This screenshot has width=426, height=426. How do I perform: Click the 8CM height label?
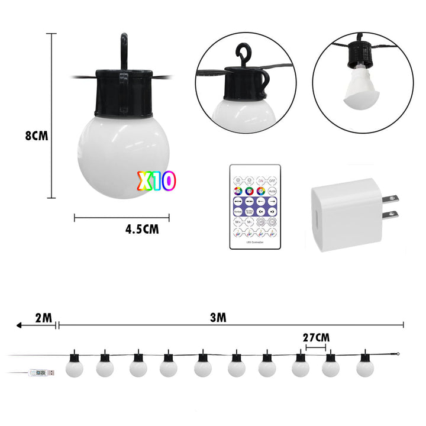click(36, 135)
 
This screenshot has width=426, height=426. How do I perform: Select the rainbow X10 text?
click(156, 181)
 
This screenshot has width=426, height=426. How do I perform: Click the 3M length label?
click(218, 317)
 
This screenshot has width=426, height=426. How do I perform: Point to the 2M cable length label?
click(43, 318)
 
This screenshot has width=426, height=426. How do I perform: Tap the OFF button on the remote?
click(272, 180)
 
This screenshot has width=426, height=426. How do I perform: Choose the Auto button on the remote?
click(272, 192)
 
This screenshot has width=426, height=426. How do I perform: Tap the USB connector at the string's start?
click(41, 373)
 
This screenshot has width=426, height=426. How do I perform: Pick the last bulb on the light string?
click(364, 367)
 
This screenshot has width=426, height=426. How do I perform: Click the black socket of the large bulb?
click(123, 95)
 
